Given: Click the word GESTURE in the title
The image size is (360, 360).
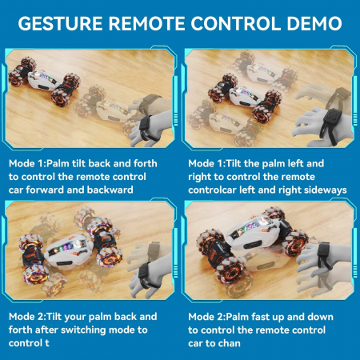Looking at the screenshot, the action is pyautogui.click(x=60, y=23).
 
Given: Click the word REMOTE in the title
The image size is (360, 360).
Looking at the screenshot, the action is pyautogui.click(x=146, y=23).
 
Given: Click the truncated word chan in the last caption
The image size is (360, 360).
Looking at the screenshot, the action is pyautogui.click(x=230, y=343).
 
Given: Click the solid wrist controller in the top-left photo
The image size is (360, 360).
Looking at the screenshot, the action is pyautogui.click(x=146, y=127).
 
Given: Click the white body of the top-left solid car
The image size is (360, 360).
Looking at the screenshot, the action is pyautogui.click(x=42, y=80).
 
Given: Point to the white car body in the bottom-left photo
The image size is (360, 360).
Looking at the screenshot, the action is pyautogui.click(x=69, y=252).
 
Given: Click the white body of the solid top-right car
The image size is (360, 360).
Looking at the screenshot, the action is pyautogui.click(x=245, y=97).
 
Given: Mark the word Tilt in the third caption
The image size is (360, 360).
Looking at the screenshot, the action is pyautogui.click(x=55, y=317).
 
